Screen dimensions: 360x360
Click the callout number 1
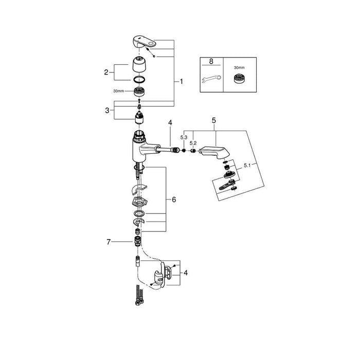[x=181, y=81]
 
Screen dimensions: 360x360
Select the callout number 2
[x=106, y=73]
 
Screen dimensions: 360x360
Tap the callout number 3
[x=107, y=111]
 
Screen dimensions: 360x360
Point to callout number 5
[x=214, y=120]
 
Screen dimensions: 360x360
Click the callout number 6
[x=174, y=200]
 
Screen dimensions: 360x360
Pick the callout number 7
[x=109, y=242]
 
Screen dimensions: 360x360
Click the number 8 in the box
[x=211, y=61]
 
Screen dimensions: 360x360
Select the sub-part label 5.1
[x=247, y=165]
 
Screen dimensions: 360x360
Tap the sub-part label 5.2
[x=193, y=143]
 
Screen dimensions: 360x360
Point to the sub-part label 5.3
[x=184, y=137]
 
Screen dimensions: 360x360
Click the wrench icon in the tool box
[x=211, y=79]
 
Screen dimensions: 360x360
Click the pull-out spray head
[x=214, y=152]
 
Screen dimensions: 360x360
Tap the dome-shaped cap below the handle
[x=139, y=64]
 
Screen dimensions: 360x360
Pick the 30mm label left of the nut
[x=118, y=91]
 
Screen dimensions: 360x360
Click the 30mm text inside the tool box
[x=239, y=68]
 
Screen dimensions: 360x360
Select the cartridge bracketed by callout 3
[x=139, y=117]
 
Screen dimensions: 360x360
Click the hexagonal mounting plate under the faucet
[x=139, y=202]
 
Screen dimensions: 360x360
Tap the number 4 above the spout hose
[x=170, y=123]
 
